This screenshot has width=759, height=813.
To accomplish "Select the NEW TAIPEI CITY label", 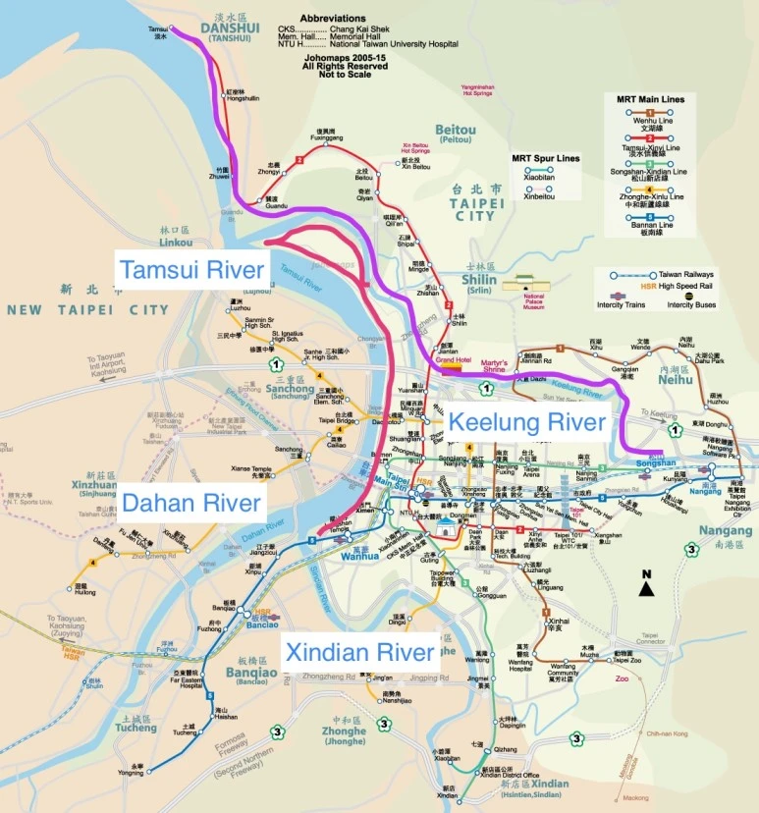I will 87,309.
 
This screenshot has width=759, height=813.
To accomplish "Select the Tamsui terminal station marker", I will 171,29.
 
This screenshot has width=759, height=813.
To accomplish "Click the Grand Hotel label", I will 448,360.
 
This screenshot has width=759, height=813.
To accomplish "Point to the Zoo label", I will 621,677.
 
